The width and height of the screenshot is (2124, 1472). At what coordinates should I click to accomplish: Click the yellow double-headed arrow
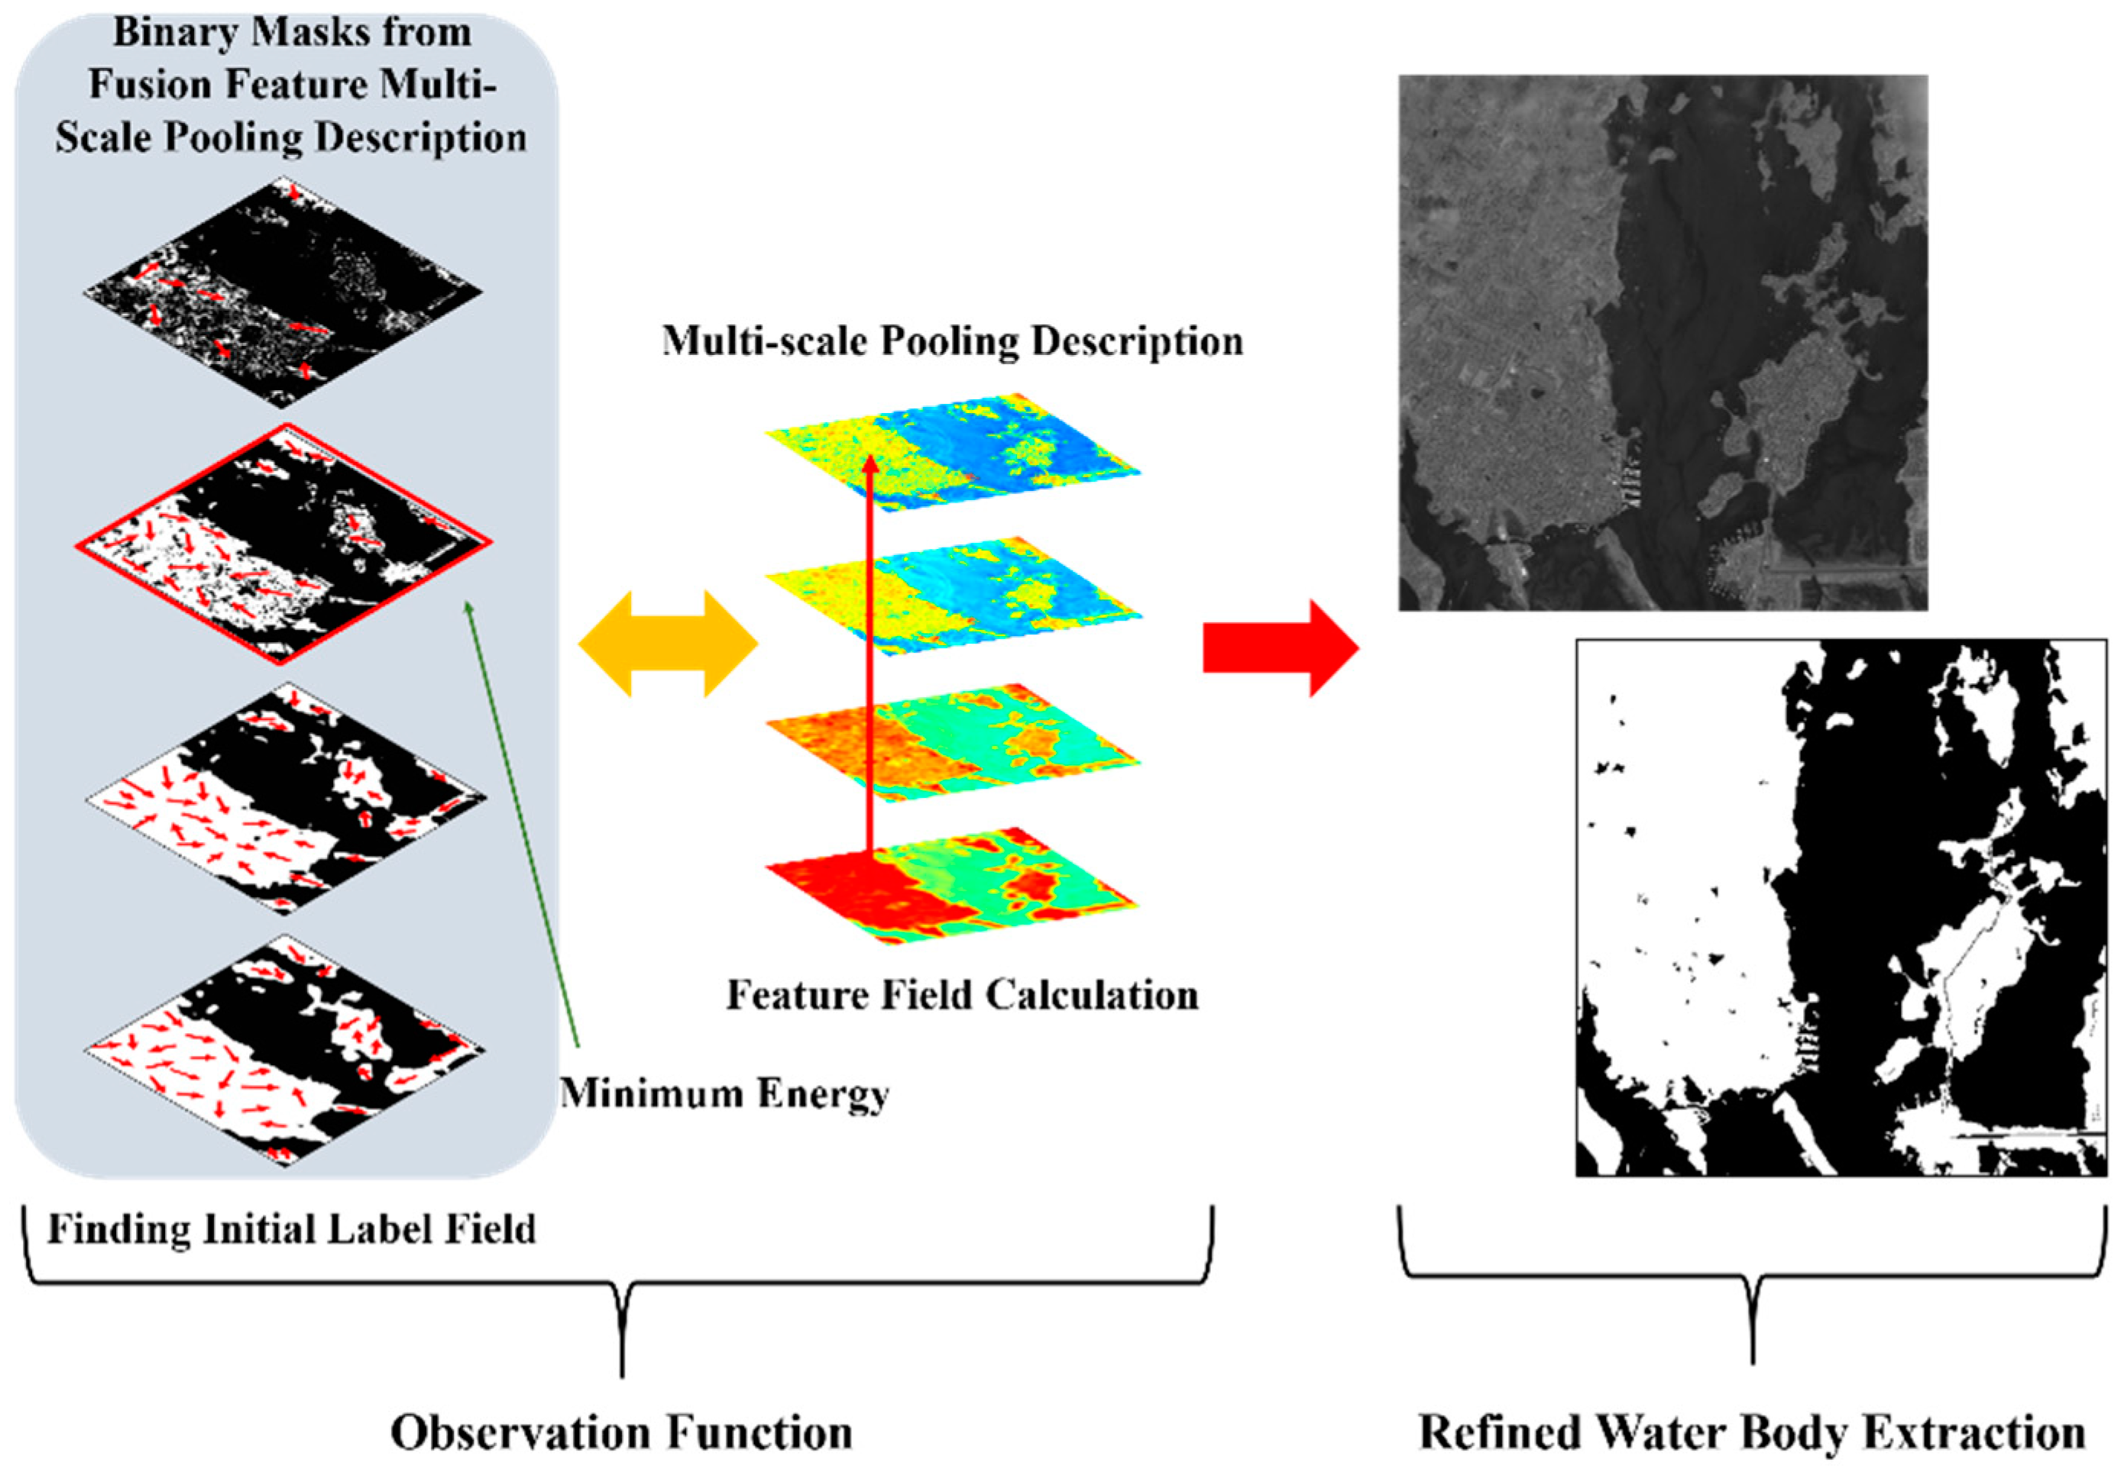pos(667,643)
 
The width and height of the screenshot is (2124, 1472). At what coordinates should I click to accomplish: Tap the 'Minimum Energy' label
pos(725,1094)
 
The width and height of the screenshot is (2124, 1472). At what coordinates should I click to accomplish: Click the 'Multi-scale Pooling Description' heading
pos(952,341)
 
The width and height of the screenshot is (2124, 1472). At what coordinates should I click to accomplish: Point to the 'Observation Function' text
pos(621,1432)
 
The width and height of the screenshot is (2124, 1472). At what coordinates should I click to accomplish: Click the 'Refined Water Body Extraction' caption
pos(1751,1432)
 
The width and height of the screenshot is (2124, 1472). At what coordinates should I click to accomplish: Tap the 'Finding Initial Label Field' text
pos(292,1228)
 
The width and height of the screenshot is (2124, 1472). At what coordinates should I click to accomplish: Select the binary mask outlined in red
pos(283,544)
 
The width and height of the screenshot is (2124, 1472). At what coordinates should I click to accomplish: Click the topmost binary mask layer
pos(283,292)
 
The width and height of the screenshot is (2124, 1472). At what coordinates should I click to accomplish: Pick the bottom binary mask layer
pos(283,1051)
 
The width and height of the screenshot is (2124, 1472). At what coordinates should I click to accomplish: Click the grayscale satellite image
pos(1662,342)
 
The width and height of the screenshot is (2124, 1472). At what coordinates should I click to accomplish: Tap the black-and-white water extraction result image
pos(1840,908)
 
